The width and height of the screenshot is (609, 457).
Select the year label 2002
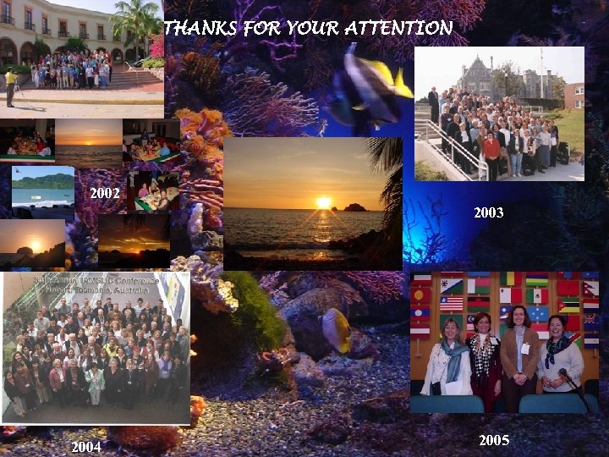pos(105,193)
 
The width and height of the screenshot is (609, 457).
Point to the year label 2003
pos(489,212)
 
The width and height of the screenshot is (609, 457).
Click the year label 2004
pos(86,446)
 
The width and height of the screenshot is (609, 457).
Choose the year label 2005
pos(494,439)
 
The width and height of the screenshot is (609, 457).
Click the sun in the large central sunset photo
pos(323,202)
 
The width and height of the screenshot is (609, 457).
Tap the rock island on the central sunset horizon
pos(354,206)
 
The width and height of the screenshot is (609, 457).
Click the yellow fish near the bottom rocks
pos(337,330)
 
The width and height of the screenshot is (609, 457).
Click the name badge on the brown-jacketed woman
pos(524,349)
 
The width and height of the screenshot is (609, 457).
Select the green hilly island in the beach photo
pos(43,180)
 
